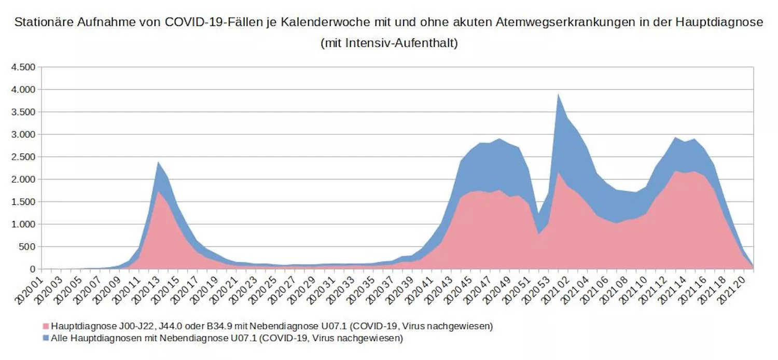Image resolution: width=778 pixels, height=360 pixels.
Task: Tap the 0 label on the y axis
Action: (33, 269)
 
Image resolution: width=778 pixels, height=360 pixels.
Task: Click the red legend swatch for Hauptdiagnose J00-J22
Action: (46, 326)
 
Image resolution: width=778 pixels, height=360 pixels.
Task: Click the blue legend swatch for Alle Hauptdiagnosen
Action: (46, 339)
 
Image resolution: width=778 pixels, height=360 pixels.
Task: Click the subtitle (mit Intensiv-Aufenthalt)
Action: (389, 43)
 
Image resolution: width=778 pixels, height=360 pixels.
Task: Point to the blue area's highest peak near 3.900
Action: (558, 94)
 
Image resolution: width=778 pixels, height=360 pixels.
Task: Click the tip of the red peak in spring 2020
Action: (158, 191)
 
